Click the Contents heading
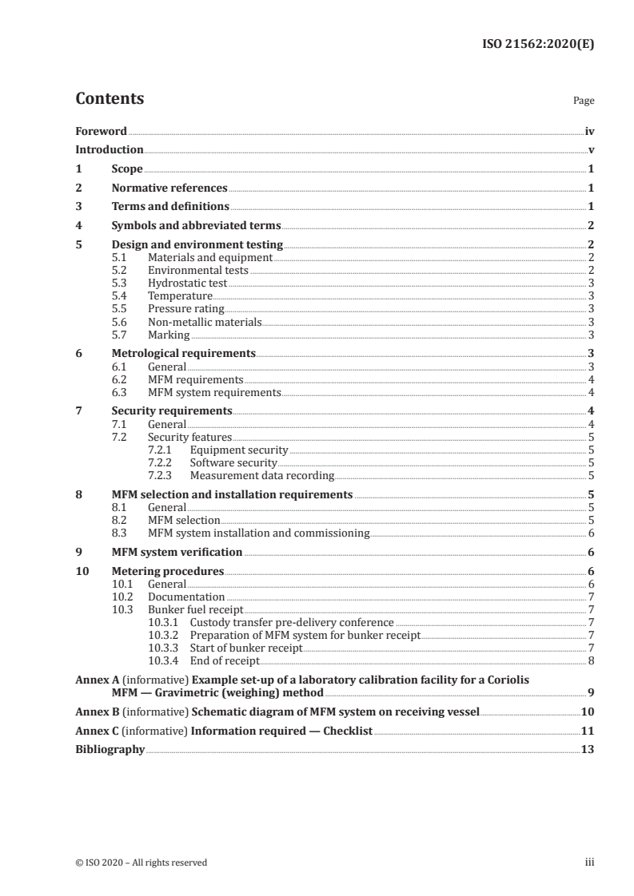[x=110, y=99]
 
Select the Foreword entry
[x=101, y=131]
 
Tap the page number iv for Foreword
[x=588, y=131]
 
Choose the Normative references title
[x=169, y=188]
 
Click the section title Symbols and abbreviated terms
[x=196, y=226]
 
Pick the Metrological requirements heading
[x=183, y=353]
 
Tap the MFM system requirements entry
[x=214, y=393]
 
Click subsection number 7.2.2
[x=163, y=463]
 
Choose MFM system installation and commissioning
[x=259, y=533]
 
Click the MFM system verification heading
[x=177, y=552]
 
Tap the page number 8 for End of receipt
[x=590, y=660]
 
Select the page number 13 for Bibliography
[x=588, y=750]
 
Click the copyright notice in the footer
[x=142, y=862]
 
